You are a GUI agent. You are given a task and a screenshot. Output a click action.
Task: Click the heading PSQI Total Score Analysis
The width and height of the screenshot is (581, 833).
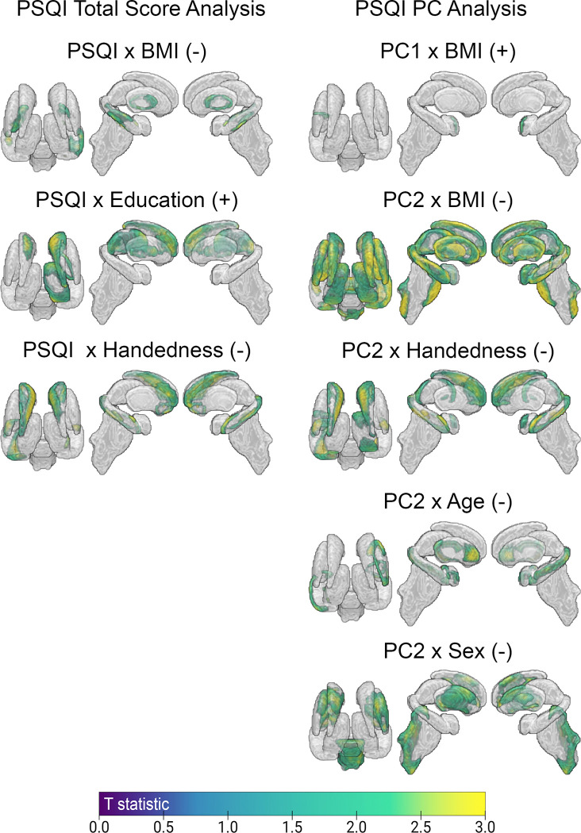132,11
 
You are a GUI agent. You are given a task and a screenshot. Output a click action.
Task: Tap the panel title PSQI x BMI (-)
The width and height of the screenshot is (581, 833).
132,54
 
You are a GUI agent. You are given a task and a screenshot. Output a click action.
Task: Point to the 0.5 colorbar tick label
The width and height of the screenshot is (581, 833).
164,825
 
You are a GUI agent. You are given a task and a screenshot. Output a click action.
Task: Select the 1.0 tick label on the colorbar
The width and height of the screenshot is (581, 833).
228,825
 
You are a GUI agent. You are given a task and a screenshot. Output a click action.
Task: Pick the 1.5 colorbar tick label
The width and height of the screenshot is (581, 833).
292,825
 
